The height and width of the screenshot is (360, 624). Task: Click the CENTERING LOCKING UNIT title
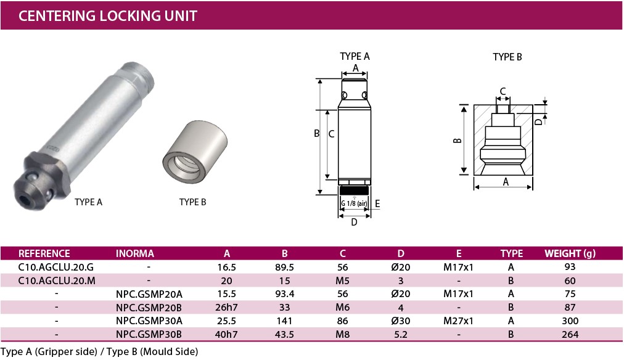click(108, 16)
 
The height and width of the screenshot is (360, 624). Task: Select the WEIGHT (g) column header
click(570, 253)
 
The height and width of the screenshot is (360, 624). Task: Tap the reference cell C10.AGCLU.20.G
click(56, 268)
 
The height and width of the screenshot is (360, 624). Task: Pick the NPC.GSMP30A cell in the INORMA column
click(149, 321)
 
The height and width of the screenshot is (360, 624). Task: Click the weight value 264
click(570, 335)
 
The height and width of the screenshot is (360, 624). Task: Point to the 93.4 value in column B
click(284, 294)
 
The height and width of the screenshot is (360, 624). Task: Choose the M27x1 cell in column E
click(459, 321)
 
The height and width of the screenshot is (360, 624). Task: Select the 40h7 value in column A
click(226, 335)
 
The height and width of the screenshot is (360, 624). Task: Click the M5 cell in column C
click(342, 281)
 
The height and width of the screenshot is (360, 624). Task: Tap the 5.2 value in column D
click(400, 335)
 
